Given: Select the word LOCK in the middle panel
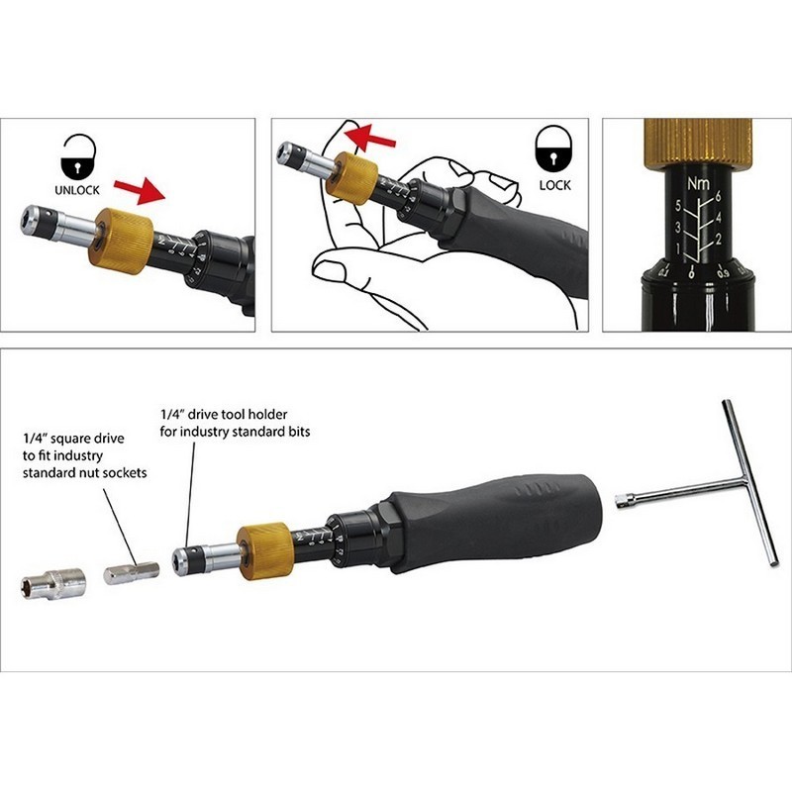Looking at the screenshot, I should click(x=555, y=185).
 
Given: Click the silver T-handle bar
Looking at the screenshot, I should click(x=742, y=485).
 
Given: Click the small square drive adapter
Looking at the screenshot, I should click(x=131, y=573).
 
